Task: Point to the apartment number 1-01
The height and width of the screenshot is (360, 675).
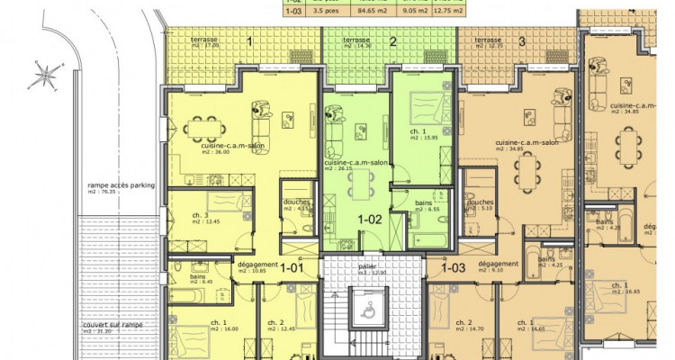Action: (290, 266)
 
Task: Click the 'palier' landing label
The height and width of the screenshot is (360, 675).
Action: (366, 267)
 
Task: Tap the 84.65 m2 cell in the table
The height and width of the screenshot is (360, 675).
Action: (360, 12)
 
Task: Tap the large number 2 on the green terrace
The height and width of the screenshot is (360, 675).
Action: (392, 41)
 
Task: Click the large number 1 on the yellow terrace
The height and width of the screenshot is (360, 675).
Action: (248, 41)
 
